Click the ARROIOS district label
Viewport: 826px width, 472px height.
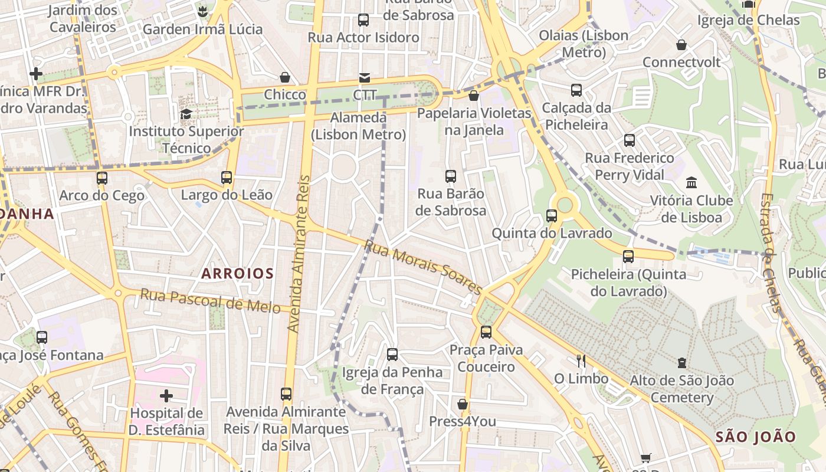(x=238, y=274)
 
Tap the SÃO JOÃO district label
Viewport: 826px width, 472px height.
(x=756, y=437)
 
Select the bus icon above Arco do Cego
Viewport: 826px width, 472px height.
(x=102, y=178)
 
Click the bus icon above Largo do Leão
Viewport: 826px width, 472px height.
(x=227, y=177)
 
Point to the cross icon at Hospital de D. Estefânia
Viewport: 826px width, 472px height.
(x=166, y=395)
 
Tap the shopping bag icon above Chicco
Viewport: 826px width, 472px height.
(x=285, y=77)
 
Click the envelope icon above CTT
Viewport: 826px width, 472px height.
(x=364, y=78)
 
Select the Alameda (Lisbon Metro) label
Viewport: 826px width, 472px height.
(x=359, y=126)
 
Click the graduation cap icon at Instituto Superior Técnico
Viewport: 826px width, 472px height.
(x=186, y=114)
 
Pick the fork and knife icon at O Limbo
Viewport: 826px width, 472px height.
(x=581, y=360)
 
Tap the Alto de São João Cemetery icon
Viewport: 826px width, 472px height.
(x=682, y=362)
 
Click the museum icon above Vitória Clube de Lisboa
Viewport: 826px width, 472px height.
(x=691, y=182)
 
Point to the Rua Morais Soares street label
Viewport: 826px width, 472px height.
(x=424, y=267)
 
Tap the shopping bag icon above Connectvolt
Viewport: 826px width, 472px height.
(x=681, y=45)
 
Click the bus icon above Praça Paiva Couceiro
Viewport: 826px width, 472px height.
(x=486, y=332)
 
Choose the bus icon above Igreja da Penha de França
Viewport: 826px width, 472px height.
(x=392, y=355)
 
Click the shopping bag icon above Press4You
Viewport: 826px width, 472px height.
(x=463, y=404)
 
